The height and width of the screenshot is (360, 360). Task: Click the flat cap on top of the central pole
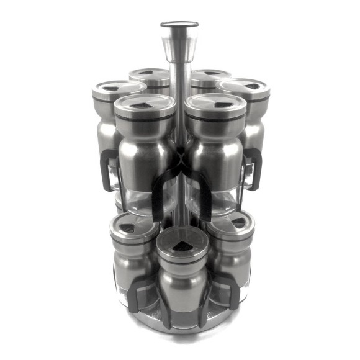[x=179, y=25]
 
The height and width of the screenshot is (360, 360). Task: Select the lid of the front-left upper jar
[x=145, y=106]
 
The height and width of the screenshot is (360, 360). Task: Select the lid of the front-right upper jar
[x=215, y=106]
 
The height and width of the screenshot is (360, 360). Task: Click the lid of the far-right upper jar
[x=244, y=89]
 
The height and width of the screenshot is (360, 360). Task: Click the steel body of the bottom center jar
[x=181, y=286]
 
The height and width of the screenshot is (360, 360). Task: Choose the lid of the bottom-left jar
[x=135, y=227]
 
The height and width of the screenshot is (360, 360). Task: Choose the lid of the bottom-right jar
[x=230, y=226]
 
